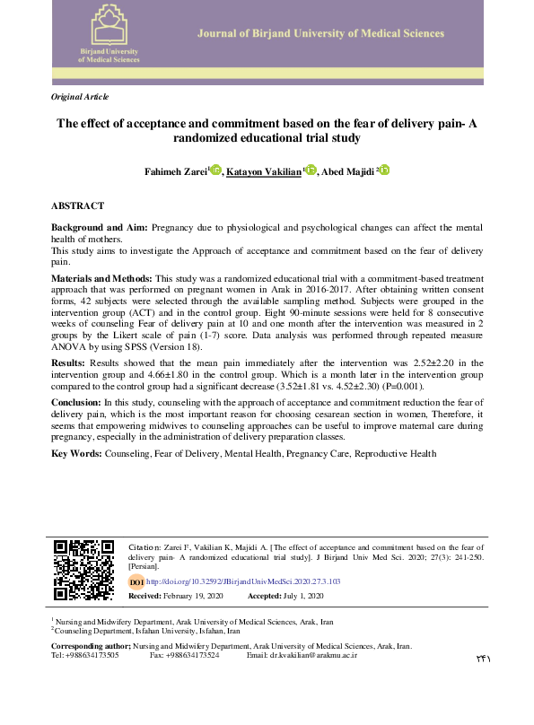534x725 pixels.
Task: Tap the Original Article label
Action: [80, 95]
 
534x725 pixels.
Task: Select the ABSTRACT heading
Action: [78, 205]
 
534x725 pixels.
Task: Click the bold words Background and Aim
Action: [100, 229]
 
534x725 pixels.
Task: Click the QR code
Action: [83, 569]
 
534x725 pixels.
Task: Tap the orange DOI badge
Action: [136, 582]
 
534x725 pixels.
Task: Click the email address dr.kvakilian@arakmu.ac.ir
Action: [315, 655]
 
